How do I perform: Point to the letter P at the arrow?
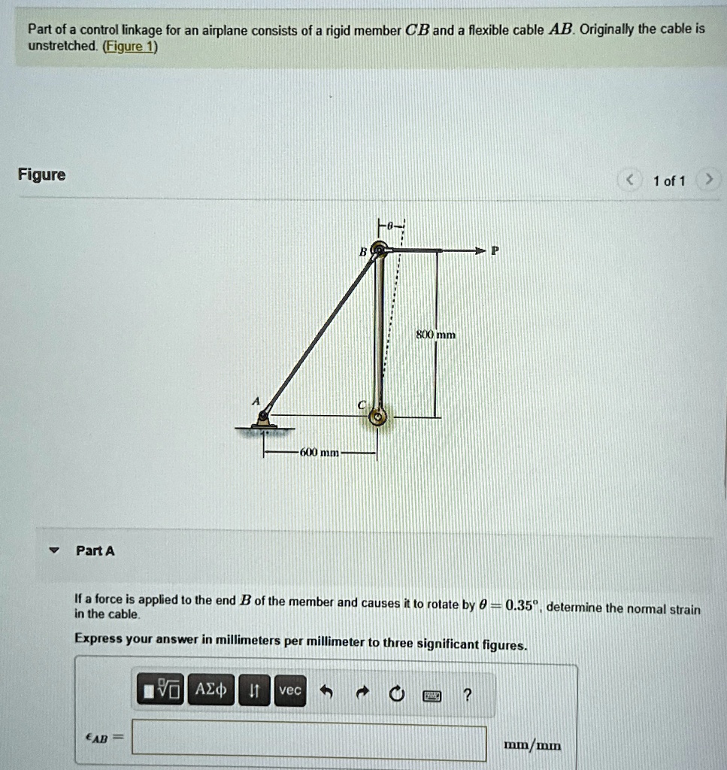tap(494, 251)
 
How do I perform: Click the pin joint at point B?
tap(380, 250)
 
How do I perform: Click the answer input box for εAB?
tap(309, 743)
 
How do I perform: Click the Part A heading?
tap(95, 551)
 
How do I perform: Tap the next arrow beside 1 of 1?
tap(707, 180)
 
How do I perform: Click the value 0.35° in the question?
tap(522, 606)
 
